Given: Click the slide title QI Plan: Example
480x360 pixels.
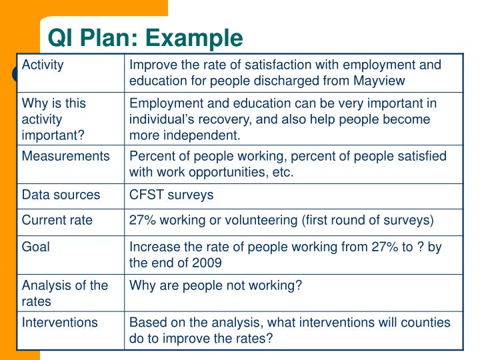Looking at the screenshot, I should [145, 38].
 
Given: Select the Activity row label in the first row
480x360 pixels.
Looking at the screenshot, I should [43, 65].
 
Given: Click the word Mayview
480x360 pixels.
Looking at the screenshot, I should [380, 81].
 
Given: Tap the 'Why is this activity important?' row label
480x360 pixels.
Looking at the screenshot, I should [53, 119].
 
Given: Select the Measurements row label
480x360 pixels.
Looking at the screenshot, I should [65, 156].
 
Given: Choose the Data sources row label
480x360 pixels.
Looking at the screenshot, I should [61, 195].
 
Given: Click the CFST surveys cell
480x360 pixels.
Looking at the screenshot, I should [171, 195].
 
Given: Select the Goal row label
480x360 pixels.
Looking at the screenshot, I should [35, 247].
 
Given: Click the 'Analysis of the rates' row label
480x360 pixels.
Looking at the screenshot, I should [65, 293].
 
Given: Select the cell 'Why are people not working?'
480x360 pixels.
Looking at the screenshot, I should [215, 285].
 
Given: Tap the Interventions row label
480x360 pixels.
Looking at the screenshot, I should [59, 323].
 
